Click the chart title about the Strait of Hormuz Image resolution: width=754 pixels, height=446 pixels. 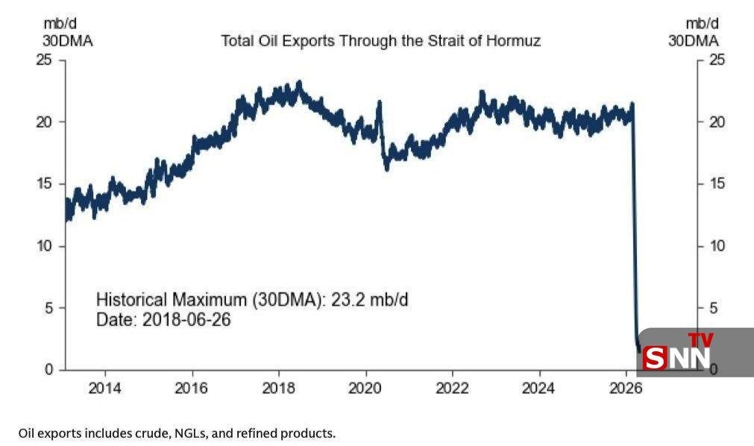[x=380, y=41]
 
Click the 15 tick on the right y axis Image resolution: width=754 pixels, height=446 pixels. [x=715, y=184]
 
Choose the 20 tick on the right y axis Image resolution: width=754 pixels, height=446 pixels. [x=715, y=122]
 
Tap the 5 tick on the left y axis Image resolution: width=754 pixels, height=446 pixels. [x=48, y=308]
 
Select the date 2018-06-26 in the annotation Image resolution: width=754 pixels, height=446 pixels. [x=186, y=320]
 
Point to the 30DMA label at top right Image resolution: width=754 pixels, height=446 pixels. [x=693, y=41]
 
